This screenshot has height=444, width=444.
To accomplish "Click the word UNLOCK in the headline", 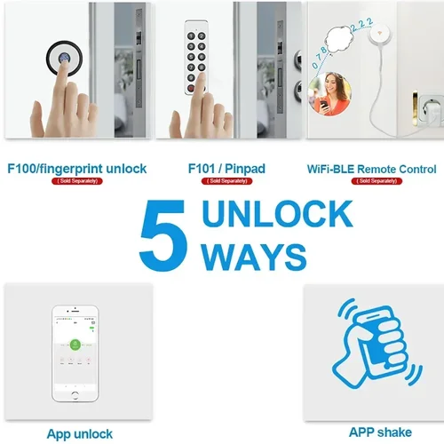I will pos(276,216).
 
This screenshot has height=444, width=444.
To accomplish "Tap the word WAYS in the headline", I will pos(254,257).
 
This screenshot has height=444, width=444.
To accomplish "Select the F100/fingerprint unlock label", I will pos(76,168).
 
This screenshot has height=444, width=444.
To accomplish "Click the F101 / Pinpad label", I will pos(227,168).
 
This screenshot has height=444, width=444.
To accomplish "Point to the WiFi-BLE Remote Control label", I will pos(371,168).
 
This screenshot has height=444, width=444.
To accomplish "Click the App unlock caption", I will pos(80,433).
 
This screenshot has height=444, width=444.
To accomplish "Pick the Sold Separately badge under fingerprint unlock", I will pos(76,181).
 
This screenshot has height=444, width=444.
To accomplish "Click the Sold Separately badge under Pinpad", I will pos(227,181).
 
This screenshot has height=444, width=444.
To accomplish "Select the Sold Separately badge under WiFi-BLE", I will pos(371,181).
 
